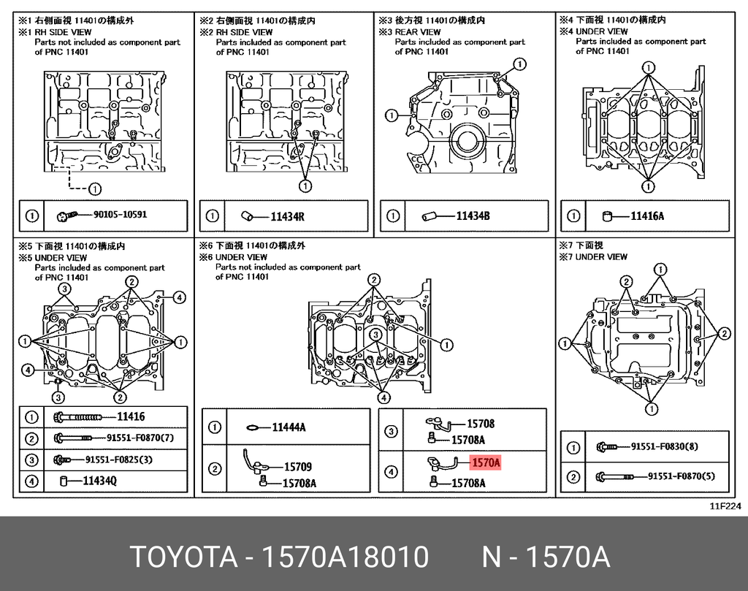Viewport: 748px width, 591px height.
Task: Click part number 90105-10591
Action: (x=120, y=216)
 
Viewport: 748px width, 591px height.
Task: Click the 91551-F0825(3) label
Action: (x=119, y=460)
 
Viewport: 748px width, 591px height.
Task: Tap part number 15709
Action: (x=297, y=466)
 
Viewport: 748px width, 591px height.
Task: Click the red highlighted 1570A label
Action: (x=485, y=462)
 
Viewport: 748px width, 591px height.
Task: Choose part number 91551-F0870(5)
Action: (x=682, y=477)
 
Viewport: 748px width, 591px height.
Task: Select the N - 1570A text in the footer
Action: (x=545, y=557)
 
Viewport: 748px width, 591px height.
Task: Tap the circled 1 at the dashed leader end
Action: (x=95, y=188)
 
